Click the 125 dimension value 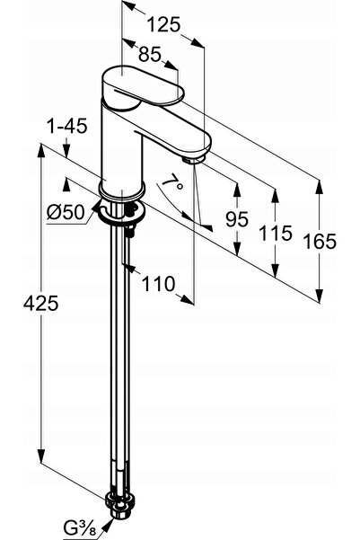[x=163, y=25]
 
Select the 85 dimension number [x=150, y=54]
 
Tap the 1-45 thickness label [x=67, y=126]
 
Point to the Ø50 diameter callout [x=66, y=212]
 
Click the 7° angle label [x=172, y=181]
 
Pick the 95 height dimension [x=237, y=219]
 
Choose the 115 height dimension [x=275, y=233]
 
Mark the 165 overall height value [x=320, y=241]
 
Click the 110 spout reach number [x=158, y=284]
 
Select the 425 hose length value [x=41, y=304]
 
